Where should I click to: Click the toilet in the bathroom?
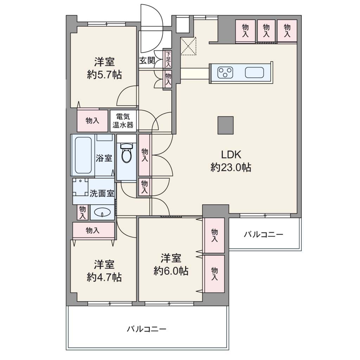127,153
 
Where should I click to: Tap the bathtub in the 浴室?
83,155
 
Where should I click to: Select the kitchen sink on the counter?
255,72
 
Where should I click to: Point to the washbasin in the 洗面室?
102,212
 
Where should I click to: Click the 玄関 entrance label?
147,60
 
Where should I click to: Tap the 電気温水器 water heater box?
123,121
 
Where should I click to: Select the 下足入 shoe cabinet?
168,59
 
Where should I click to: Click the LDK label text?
231,155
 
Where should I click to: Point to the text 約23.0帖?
231,168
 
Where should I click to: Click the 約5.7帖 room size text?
104,75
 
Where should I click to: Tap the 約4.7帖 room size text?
104,277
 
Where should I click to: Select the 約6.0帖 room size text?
171,271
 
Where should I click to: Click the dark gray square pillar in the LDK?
225,126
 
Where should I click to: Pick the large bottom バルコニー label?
147,329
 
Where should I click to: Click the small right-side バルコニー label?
263,234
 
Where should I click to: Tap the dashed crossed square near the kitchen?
188,46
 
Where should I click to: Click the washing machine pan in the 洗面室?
81,187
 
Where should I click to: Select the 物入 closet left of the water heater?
92,121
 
